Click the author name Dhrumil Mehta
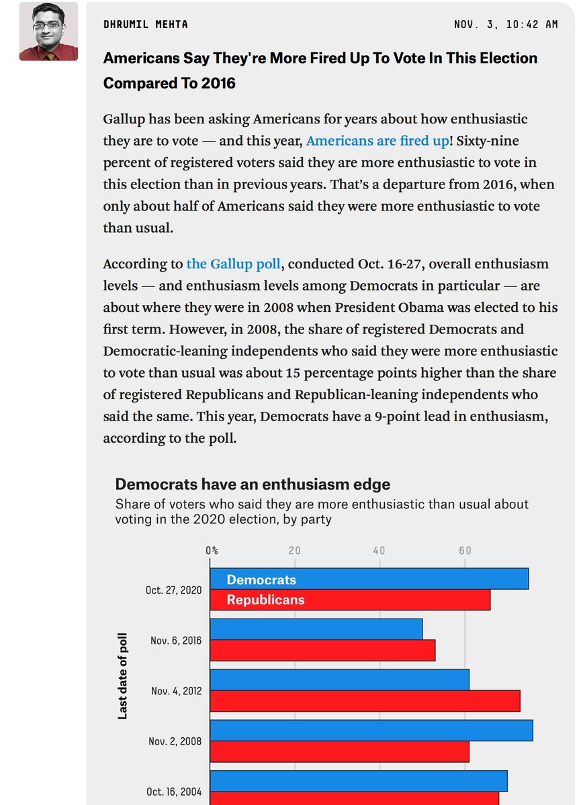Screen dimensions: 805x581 point(145,24)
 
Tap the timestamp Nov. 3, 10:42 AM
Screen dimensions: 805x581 point(506,24)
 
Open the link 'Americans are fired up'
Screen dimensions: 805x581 point(373,141)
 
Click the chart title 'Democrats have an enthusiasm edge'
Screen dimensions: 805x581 point(253,484)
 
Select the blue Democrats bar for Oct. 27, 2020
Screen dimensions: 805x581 point(369,579)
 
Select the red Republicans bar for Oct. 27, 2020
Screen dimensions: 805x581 point(350,600)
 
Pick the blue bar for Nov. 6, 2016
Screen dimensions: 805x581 point(316,629)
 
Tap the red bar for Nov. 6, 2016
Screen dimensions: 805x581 point(322,650)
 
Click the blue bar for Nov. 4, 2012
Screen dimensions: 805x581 point(339,680)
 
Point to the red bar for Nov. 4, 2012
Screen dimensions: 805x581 point(365,700)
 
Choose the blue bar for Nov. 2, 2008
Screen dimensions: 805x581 point(371,731)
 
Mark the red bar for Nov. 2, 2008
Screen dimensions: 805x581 point(339,751)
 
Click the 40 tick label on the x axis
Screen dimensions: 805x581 point(379,550)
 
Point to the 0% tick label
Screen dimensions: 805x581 point(212,550)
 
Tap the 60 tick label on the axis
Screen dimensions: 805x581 point(465,550)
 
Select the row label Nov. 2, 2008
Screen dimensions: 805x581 point(175,741)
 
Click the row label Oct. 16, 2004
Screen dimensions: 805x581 point(174,792)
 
